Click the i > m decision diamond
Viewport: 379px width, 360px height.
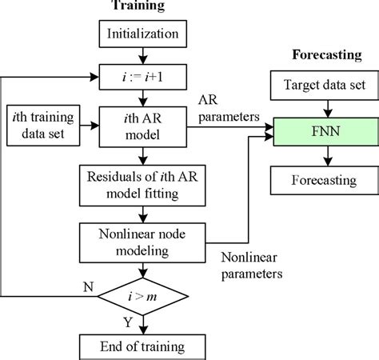pyautogui.click(x=142, y=297)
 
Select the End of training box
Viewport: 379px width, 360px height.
pyautogui.click(x=142, y=346)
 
